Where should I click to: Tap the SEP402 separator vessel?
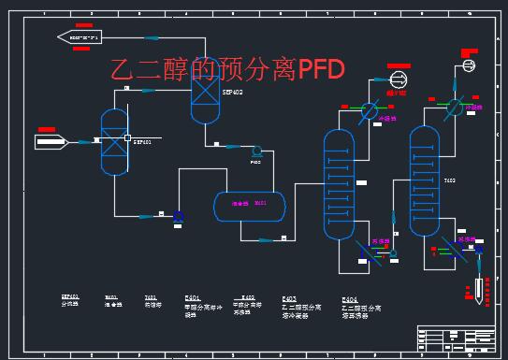point(204,93)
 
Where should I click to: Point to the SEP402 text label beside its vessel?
point(231,93)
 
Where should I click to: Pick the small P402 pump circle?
point(255,151)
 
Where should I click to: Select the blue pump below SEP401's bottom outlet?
point(178,216)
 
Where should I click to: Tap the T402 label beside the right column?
point(449,180)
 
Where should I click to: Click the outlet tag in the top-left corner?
point(79,36)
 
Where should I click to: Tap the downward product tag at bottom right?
point(478,288)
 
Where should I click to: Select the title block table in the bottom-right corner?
point(456,337)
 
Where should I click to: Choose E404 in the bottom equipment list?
point(350,298)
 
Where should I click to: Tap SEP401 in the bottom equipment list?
point(70,296)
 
